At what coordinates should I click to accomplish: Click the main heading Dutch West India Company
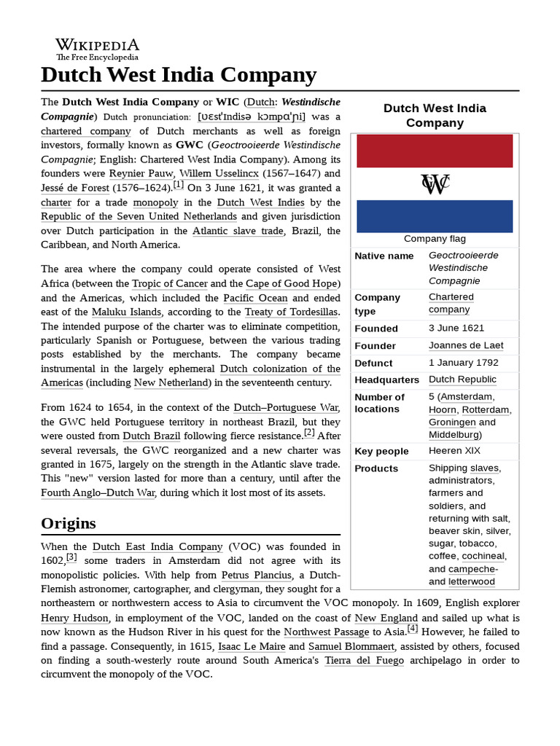pyautogui.click(x=179, y=75)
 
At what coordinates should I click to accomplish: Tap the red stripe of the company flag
pyautogui.click(x=435, y=151)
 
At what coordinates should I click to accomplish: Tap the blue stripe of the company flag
pyautogui.click(x=435, y=216)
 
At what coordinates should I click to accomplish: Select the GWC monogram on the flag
pyautogui.click(x=435, y=184)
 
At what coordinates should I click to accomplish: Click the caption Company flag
pyautogui.click(x=435, y=238)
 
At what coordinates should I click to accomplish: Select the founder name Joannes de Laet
pyautogui.click(x=466, y=345)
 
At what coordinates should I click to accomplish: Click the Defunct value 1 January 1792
pyautogui.click(x=464, y=362)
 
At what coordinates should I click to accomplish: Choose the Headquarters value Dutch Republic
pyautogui.click(x=462, y=380)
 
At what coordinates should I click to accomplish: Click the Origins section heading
pyautogui.click(x=69, y=523)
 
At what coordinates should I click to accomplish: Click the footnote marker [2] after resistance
pyautogui.click(x=309, y=433)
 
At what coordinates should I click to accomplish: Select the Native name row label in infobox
pyautogui.click(x=384, y=256)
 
